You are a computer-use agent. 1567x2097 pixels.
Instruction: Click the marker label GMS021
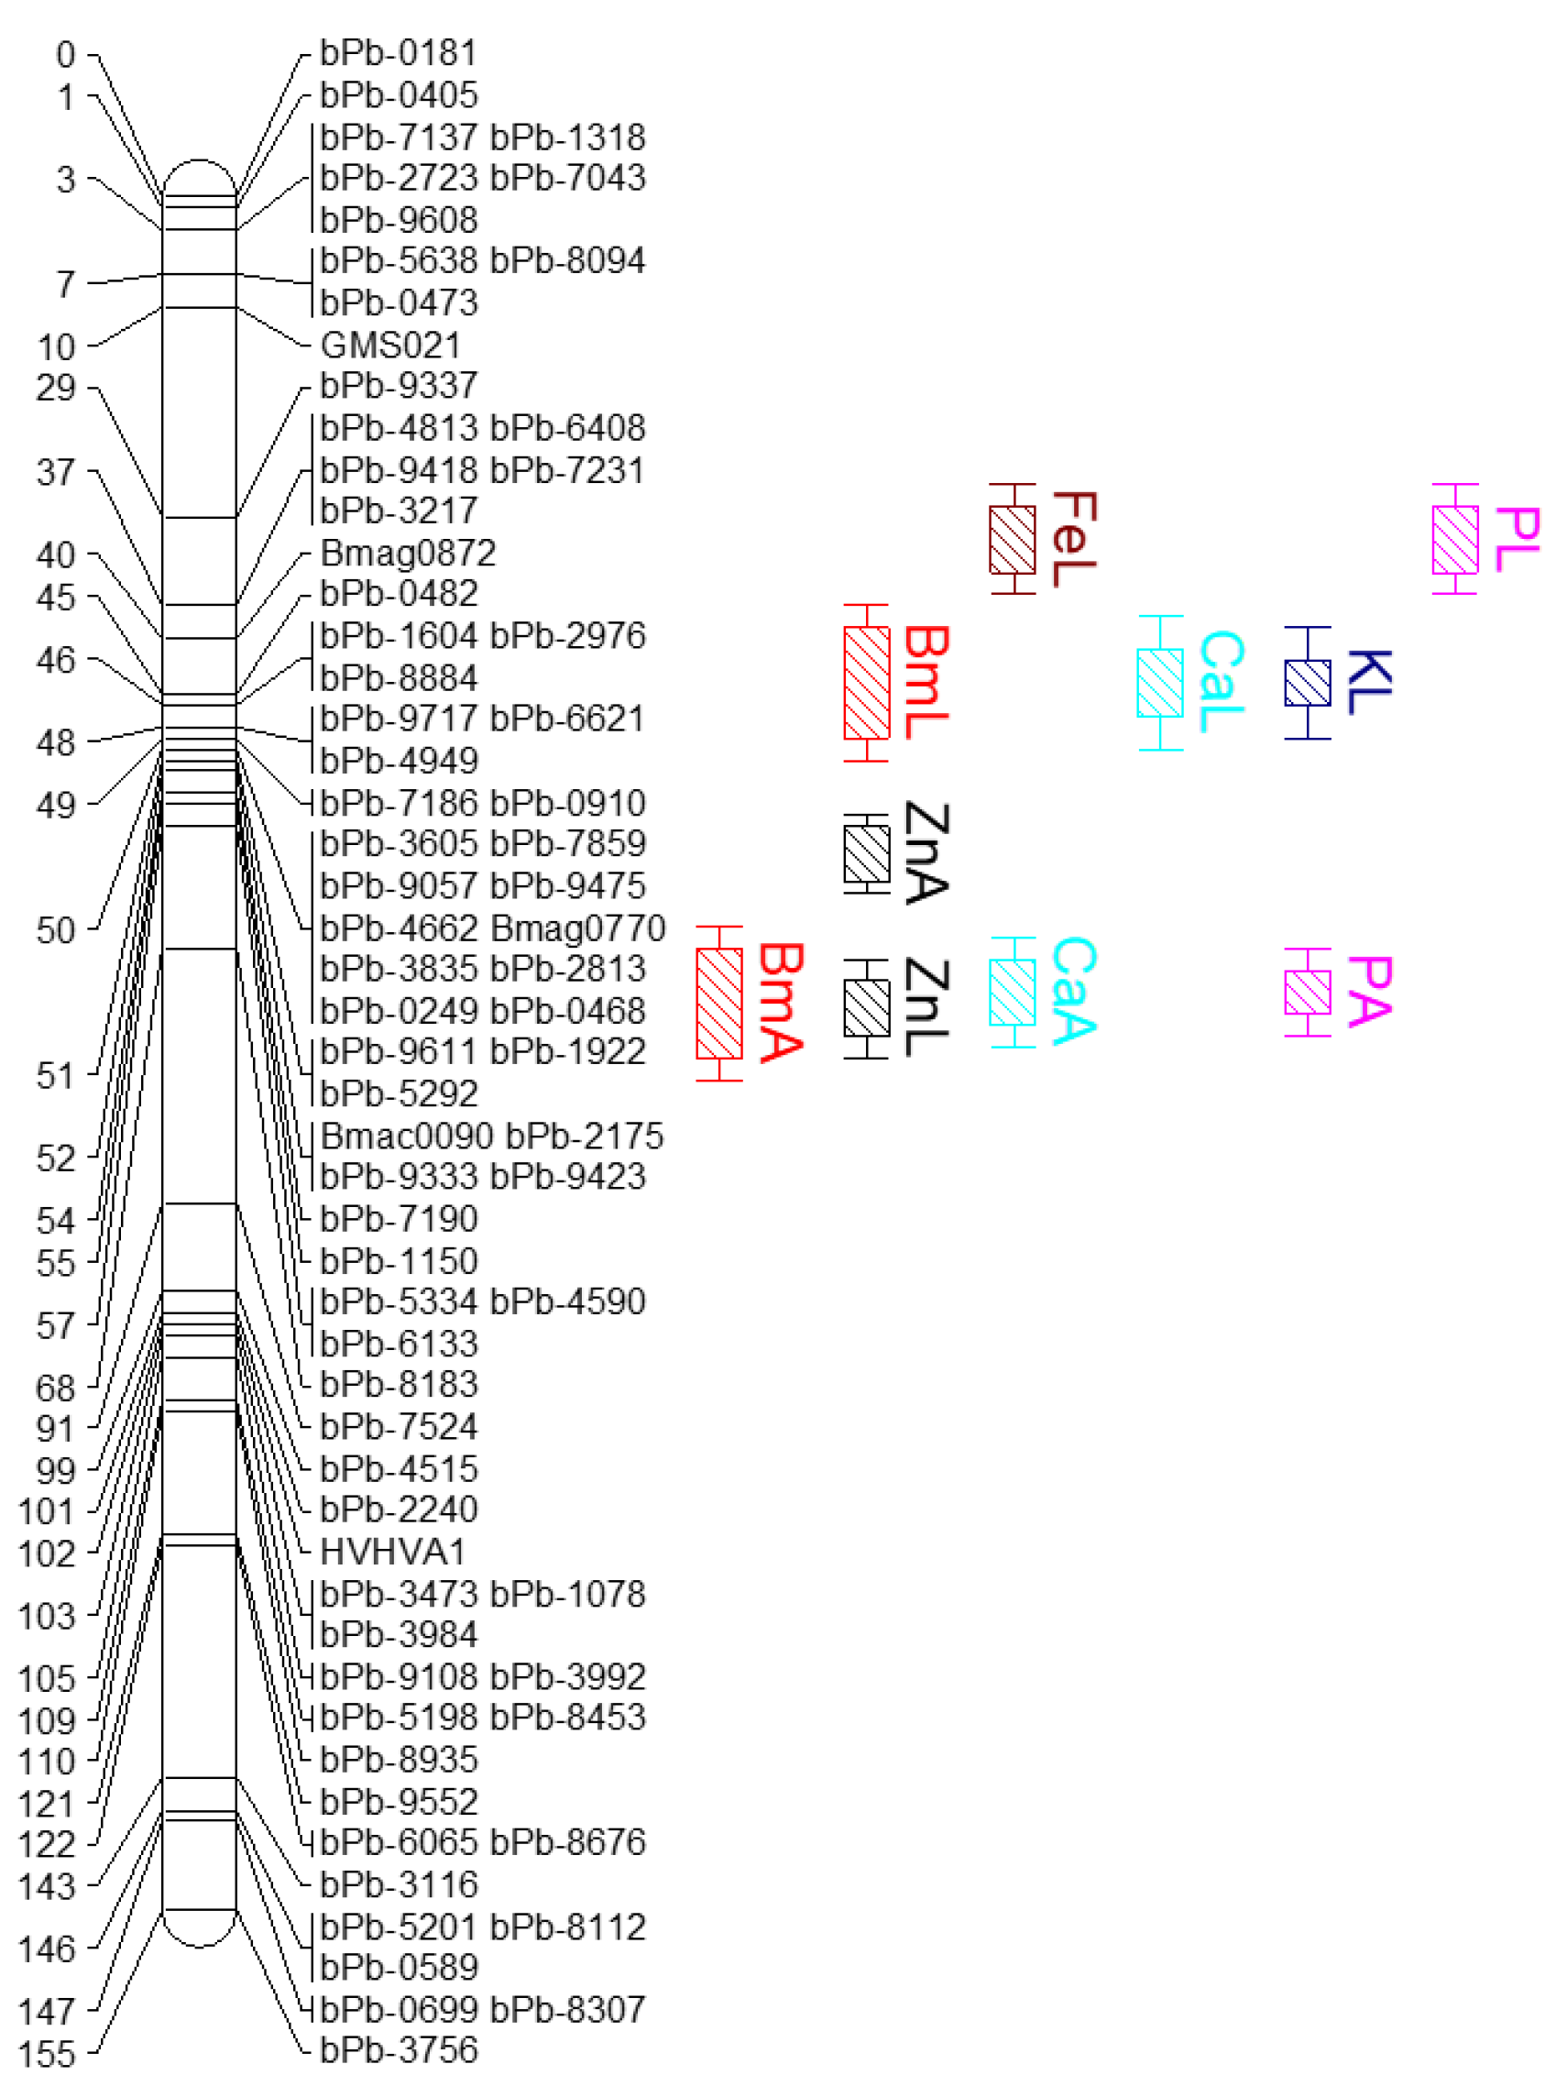point(389,346)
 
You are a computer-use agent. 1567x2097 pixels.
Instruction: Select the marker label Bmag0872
point(408,553)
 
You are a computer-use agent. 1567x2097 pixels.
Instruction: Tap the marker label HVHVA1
point(392,1552)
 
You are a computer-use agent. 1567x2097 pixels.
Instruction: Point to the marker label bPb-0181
point(398,53)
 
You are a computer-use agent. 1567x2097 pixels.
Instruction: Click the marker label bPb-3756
point(398,2050)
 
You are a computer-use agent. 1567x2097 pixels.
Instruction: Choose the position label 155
point(47,2054)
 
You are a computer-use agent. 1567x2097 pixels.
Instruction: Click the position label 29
point(56,388)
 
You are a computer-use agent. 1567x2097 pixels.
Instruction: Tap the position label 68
point(56,1388)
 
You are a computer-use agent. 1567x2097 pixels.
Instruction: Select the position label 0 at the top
point(65,54)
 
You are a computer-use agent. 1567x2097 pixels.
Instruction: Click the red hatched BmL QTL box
point(867,683)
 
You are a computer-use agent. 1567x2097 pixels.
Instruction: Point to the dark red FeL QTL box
point(1013,540)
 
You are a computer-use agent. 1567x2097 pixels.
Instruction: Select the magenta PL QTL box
point(1454,540)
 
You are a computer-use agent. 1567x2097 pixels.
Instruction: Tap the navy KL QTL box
point(1308,683)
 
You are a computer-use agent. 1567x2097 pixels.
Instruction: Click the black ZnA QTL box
point(867,853)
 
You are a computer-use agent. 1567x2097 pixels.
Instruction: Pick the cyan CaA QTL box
point(1013,992)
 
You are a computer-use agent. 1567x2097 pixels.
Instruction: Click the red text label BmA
point(781,1002)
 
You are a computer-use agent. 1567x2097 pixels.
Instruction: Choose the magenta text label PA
point(1369,991)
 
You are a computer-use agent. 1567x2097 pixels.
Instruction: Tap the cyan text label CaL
point(1221,682)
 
